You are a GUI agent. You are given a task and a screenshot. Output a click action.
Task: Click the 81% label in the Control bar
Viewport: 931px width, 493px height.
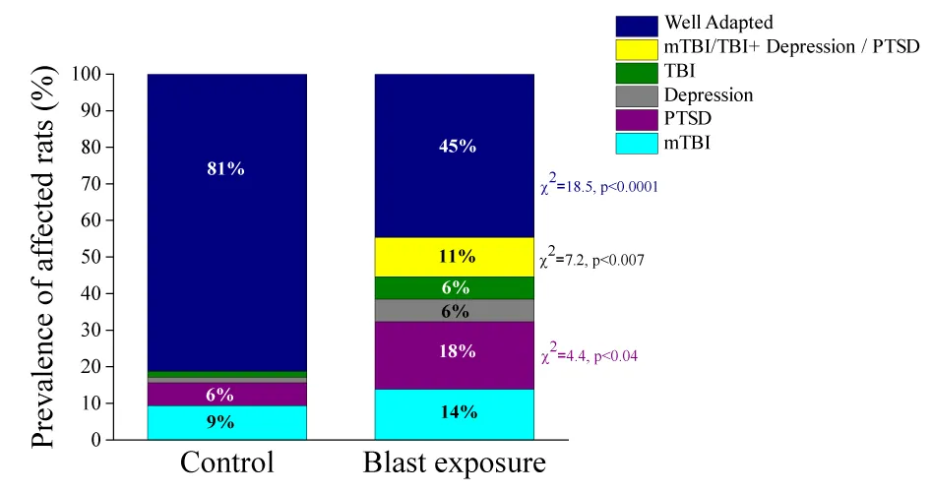coord(225,168)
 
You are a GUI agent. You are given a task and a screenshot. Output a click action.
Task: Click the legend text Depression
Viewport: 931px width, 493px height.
coord(709,95)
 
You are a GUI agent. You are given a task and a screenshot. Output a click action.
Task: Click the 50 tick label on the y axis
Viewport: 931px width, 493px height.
coord(90,258)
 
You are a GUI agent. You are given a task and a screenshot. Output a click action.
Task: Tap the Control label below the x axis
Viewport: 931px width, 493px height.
coord(226,463)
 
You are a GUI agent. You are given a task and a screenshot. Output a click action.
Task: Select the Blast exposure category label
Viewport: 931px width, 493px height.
coord(454,463)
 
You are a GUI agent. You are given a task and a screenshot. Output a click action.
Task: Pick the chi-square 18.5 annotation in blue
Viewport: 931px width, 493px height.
coord(598,185)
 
